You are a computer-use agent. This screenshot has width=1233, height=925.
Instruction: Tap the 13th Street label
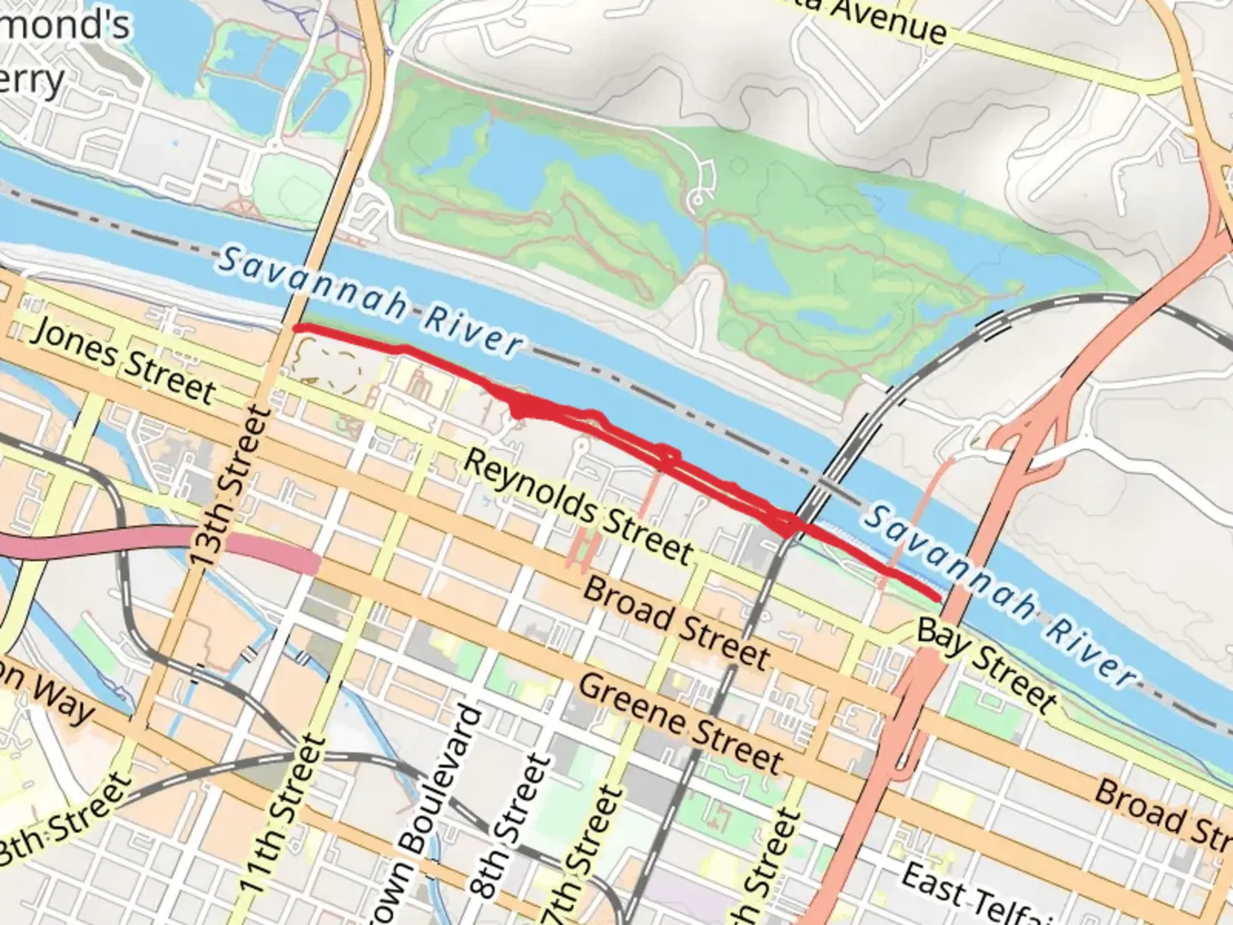(229, 486)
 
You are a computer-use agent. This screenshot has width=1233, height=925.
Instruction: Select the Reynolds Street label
(579, 505)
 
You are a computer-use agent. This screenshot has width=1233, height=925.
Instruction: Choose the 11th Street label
(283, 814)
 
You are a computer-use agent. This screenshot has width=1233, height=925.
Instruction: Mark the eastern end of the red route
(939, 596)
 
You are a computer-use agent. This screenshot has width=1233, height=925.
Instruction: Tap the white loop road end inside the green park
(698, 200)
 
